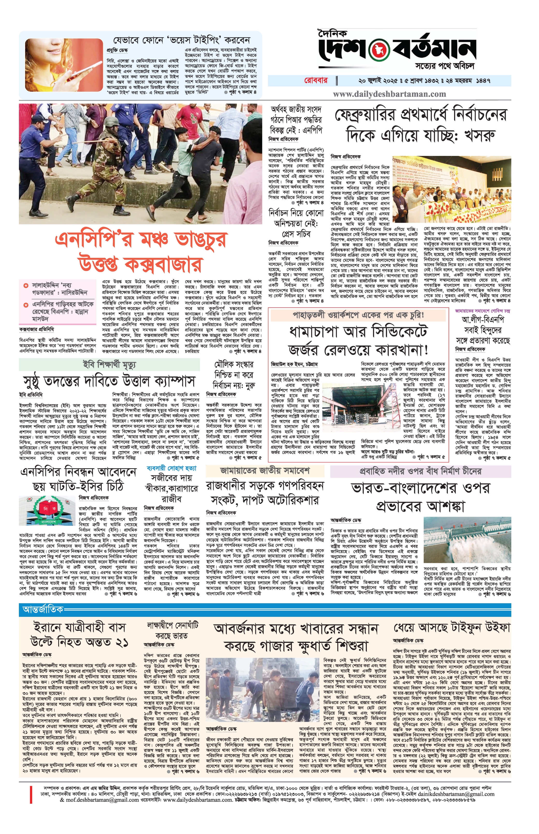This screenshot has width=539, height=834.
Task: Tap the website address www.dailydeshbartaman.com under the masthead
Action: [x=389, y=94]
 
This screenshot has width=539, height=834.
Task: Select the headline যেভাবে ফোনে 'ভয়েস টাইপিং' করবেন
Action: [x=181, y=40]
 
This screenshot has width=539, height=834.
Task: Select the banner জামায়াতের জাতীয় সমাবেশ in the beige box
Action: [x=265, y=471]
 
